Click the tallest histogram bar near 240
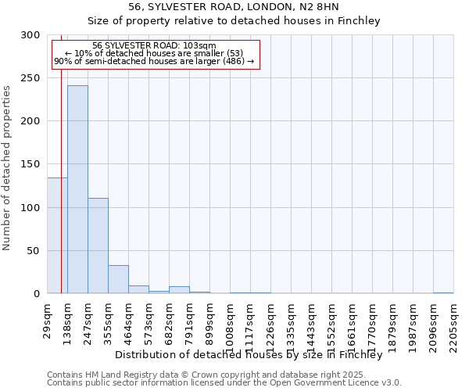[x=77, y=189]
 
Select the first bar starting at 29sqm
[x=57, y=235]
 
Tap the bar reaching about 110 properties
[x=98, y=246]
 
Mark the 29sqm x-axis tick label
[x=48, y=319]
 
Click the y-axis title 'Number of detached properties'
[x=8, y=168]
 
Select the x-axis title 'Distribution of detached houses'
[x=254, y=354]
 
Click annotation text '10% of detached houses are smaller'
[x=154, y=53]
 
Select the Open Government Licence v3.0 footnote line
[x=224, y=383]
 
